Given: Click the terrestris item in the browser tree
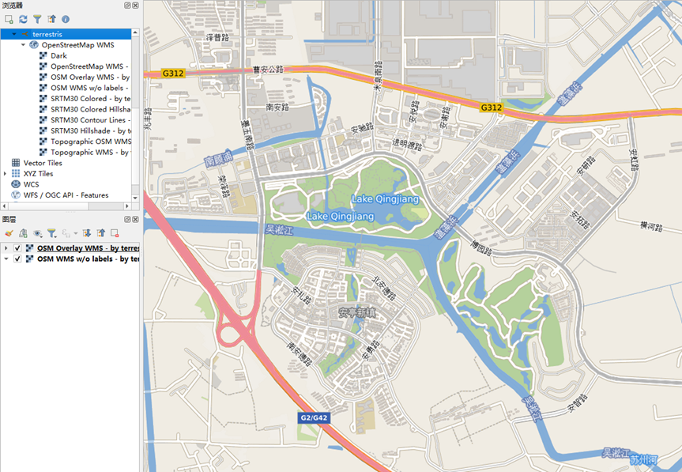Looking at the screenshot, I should pyautogui.click(x=47, y=34).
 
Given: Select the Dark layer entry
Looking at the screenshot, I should pyautogui.click(x=58, y=55).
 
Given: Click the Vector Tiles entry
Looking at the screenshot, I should pyautogui.click(x=43, y=162).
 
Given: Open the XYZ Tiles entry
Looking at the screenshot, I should pyautogui.click(x=38, y=173).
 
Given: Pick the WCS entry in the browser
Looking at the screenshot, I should pyautogui.click(x=31, y=183).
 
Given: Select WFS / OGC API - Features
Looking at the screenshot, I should pyautogui.click(x=66, y=194).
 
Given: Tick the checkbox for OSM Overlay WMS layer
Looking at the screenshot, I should pyautogui.click(x=17, y=248).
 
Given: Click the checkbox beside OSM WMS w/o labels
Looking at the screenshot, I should pyautogui.click(x=17, y=259).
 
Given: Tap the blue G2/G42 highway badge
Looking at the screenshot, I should pyautogui.click(x=315, y=417).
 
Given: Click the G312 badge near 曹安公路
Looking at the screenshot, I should pyautogui.click(x=172, y=73).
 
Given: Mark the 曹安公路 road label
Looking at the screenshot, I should pyautogui.click(x=266, y=70).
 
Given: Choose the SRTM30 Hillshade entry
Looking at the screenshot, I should pyautogui.click(x=89, y=130).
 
